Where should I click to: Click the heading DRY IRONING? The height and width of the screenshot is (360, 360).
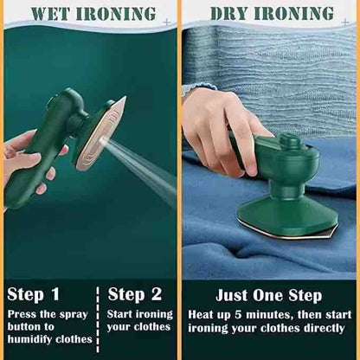coord(271,15)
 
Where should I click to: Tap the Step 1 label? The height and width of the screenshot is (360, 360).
coord(34,294)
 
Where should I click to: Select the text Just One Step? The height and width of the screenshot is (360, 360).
coord(270,296)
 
